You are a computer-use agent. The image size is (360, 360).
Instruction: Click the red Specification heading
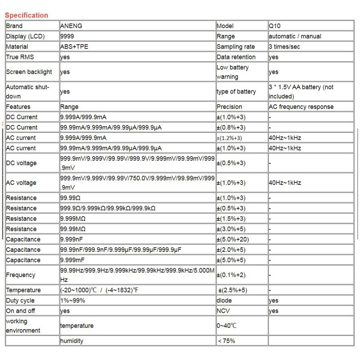click(x=26, y=15)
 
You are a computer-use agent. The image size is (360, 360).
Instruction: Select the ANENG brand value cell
click(x=71, y=26)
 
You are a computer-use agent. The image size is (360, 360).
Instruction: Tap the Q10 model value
click(x=274, y=26)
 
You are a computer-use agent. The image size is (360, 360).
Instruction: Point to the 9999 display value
click(x=67, y=36)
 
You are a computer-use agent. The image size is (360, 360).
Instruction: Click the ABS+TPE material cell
click(x=73, y=47)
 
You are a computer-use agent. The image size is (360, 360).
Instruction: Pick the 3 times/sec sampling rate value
click(x=287, y=47)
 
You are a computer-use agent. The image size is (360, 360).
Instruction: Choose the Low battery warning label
click(x=233, y=72)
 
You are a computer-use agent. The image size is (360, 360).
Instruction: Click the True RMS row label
click(x=20, y=57)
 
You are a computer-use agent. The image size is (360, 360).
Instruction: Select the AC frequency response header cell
click(x=301, y=107)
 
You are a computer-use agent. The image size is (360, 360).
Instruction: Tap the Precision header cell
click(x=229, y=107)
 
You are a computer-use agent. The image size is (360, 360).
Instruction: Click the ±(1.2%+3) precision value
click(x=230, y=138)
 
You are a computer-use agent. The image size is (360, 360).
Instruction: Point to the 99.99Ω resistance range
click(x=73, y=198)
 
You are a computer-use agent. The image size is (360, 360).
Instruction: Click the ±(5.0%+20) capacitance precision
click(x=233, y=239)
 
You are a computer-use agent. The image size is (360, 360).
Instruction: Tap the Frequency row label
click(x=21, y=275)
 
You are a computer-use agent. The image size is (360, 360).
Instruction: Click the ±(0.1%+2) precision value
click(x=231, y=275)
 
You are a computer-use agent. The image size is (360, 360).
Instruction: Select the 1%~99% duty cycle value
click(x=73, y=301)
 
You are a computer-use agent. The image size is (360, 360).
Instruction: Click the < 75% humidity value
click(x=226, y=341)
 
